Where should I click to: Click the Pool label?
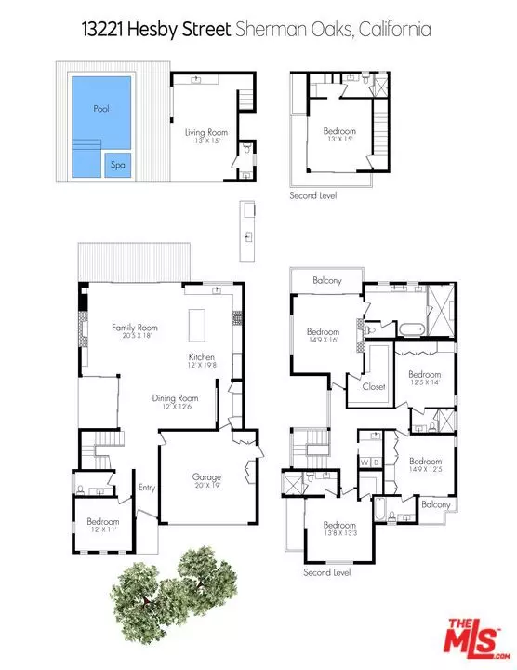(x=101, y=109)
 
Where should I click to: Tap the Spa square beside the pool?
(x=117, y=165)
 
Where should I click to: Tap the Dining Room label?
(x=175, y=401)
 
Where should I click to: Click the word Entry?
(x=148, y=487)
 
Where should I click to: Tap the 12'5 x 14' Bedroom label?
(x=429, y=378)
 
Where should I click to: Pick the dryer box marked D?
(x=377, y=462)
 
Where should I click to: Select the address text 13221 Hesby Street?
(x=149, y=30)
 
